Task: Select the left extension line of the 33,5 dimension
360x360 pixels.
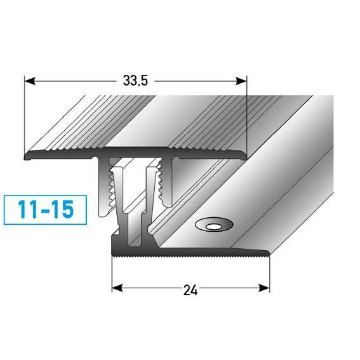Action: pyautogui.click(x=23, y=114)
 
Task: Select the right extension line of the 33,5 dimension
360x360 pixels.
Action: pyautogui.click(x=245, y=114)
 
